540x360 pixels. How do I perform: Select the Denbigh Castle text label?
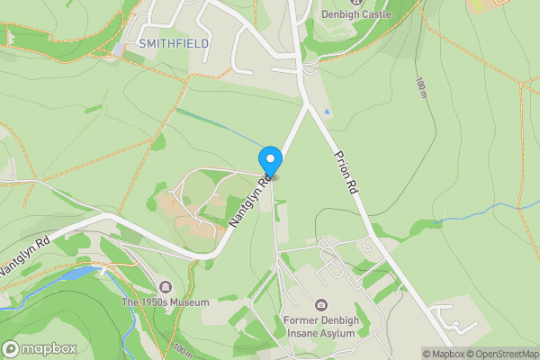[358, 15]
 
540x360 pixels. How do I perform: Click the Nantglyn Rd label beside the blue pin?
[252, 201]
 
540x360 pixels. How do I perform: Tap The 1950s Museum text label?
[166, 302]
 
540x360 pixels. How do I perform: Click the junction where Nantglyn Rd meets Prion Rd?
[308, 105]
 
